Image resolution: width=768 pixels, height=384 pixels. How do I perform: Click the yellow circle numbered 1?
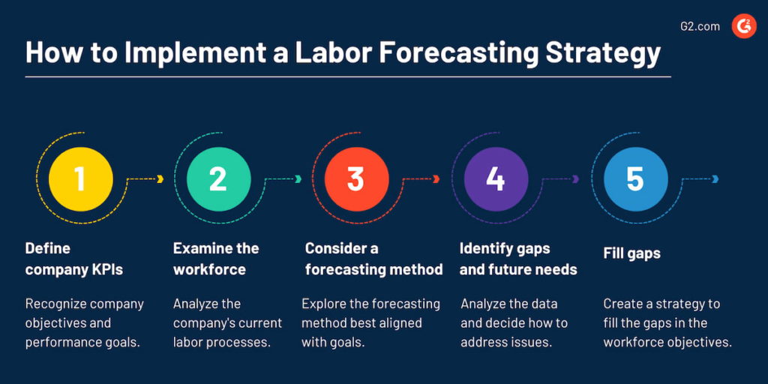click(80, 179)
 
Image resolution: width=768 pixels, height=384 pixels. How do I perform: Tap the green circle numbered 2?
click(218, 179)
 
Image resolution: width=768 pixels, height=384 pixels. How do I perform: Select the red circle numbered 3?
click(356, 179)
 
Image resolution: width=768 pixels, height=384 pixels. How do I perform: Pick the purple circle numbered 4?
click(496, 179)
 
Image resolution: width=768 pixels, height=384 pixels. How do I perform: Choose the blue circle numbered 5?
click(635, 179)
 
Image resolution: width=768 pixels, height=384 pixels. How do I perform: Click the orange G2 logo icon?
click(744, 26)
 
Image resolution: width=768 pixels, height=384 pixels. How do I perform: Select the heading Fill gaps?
click(631, 253)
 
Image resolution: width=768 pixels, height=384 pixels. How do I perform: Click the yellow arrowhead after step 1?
click(160, 179)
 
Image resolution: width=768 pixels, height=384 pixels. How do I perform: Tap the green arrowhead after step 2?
click(298, 179)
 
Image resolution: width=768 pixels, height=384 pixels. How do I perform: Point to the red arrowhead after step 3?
click(436, 179)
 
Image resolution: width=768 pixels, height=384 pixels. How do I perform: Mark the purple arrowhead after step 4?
click(576, 179)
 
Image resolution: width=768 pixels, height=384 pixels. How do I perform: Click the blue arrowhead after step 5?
click(715, 179)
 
